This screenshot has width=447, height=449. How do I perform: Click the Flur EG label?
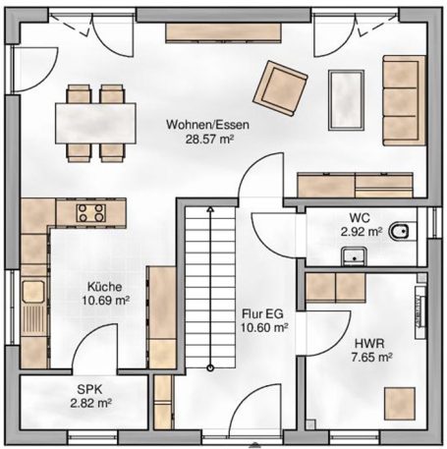pyautogui.click(x=264, y=314)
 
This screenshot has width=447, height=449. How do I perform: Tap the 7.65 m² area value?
pyautogui.click(x=374, y=360)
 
